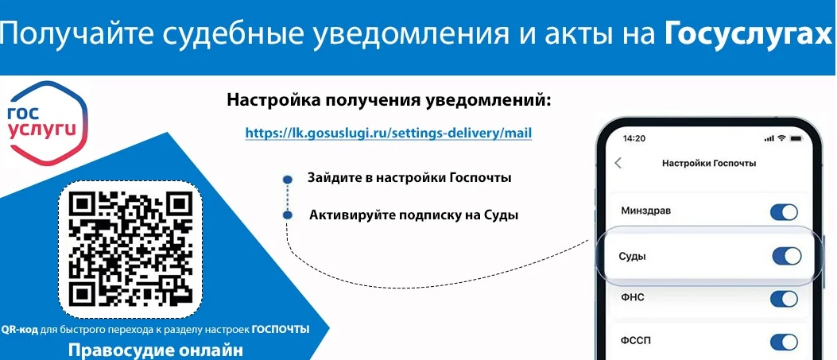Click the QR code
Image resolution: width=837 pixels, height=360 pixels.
click(x=131, y=249)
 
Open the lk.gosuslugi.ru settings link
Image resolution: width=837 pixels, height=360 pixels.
click(x=389, y=132)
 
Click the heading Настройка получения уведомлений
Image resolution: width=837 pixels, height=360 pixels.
click(x=389, y=100)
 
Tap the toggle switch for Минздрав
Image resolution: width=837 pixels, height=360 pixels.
click(x=784, y=211)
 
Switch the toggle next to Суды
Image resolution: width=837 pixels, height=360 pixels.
click(x=787, y=257)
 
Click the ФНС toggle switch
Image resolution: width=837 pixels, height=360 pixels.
click(x=784, y=298)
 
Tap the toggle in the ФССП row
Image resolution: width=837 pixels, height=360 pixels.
click(x=784, y=342)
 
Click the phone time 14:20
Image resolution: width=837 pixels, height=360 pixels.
click(x=634, y=138)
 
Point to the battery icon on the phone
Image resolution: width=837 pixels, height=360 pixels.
click(x=796, y=138)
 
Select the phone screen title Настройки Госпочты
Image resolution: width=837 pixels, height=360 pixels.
click(x=709, y=163)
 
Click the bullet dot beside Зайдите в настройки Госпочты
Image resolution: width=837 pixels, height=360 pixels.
click(x=288, y=179)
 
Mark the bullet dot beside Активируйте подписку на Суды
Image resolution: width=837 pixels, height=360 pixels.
click(x=288, y=215)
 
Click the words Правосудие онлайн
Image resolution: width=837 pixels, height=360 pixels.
click(x=156, y=351)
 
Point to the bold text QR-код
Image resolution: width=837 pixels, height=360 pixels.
click(x=20, y=330)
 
